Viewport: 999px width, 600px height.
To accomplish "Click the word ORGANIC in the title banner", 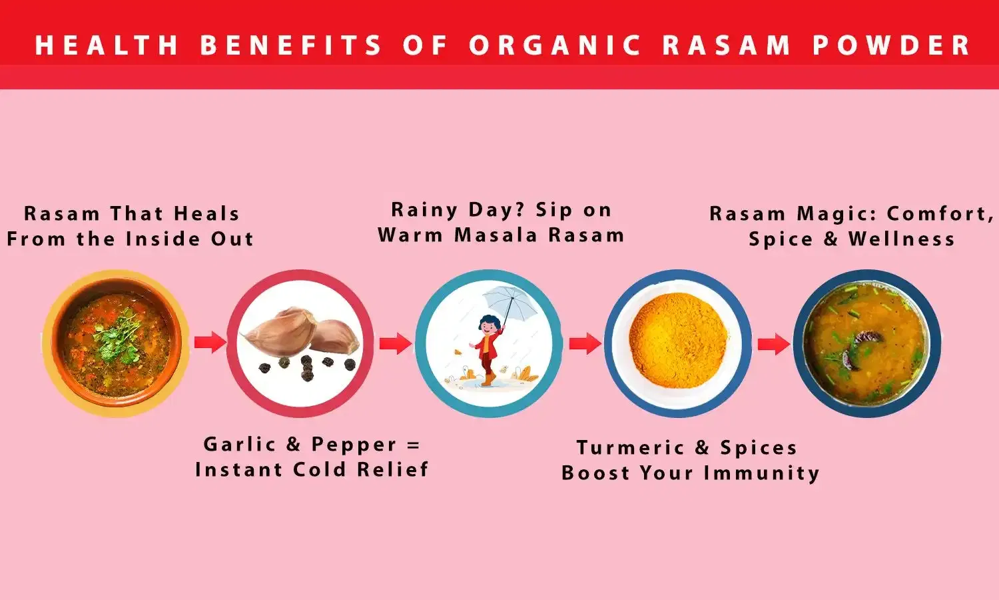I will pos(555,45).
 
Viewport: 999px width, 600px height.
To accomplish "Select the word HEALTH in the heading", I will pos(107,45).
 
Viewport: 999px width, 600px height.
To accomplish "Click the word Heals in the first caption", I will pos(206,214).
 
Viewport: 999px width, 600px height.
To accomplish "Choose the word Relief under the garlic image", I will pos(392,469).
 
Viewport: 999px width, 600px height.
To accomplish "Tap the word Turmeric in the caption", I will pos(630,448).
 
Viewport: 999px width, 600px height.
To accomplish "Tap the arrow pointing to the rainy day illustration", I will pos(396,344).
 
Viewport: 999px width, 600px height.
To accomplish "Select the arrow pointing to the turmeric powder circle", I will pos(585,344).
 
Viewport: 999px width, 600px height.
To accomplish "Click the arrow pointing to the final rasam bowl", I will pos(774,344).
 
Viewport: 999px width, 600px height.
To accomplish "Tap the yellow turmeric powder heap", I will pos(677,340).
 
